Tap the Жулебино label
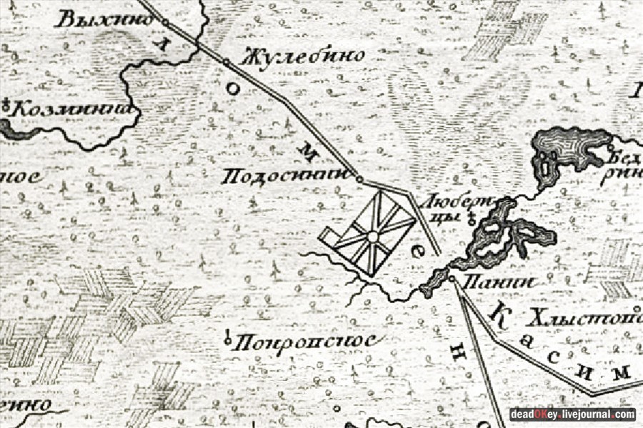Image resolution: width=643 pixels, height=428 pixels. coord(304,55)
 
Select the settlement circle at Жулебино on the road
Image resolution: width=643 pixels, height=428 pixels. coord(226,62)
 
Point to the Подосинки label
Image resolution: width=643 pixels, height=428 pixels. coord(284,176)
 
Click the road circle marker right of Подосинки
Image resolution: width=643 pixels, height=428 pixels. coord(359,179)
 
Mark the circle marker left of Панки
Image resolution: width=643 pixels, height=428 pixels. coord(452,278)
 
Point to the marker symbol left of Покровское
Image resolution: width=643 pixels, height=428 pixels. coord(228,337)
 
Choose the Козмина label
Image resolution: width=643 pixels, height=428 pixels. coord(74,108)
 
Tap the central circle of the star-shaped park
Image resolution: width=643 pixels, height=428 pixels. coord(372,236)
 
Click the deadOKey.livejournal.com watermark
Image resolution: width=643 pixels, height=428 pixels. coord(572,414)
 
